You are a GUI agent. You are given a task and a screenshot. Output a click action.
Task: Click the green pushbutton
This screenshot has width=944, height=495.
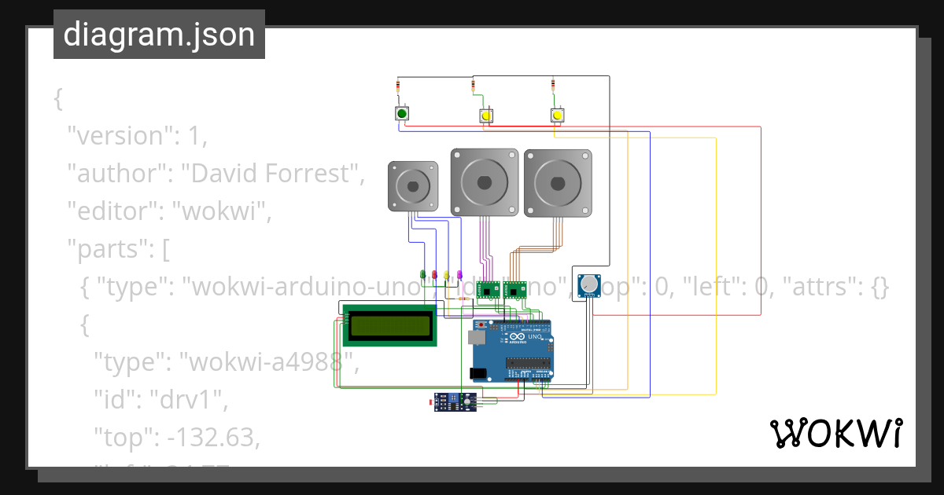[402, 115]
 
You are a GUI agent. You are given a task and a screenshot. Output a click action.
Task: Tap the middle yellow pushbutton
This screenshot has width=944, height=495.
[486, 116]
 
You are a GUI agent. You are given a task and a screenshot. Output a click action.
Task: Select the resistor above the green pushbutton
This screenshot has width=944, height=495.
[401, 86]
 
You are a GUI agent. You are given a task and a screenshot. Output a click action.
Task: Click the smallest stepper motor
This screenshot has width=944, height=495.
[412, 187]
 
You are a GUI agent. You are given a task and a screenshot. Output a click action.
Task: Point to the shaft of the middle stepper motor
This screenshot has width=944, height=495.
[484, 181]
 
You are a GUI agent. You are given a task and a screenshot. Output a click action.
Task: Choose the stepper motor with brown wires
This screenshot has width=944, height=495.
[558, 183]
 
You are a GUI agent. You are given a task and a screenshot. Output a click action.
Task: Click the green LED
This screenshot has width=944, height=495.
[423, 275]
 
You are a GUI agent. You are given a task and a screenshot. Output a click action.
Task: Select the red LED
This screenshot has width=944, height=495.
[434, 275]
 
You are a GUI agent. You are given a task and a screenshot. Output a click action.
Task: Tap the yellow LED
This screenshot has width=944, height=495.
[447, 275]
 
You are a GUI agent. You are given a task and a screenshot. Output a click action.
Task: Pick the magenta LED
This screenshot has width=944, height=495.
[459, 275]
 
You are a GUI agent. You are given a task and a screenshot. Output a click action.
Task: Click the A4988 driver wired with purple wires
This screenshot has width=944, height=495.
[489, 290]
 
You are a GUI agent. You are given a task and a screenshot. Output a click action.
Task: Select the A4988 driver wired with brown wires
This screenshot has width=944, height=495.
[514, 290]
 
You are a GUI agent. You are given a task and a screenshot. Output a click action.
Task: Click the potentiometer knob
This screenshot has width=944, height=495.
[588, 285]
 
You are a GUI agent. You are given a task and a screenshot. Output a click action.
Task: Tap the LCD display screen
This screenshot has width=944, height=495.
[391, 325]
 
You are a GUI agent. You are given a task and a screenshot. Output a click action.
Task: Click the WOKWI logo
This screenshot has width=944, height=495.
[835, 433]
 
